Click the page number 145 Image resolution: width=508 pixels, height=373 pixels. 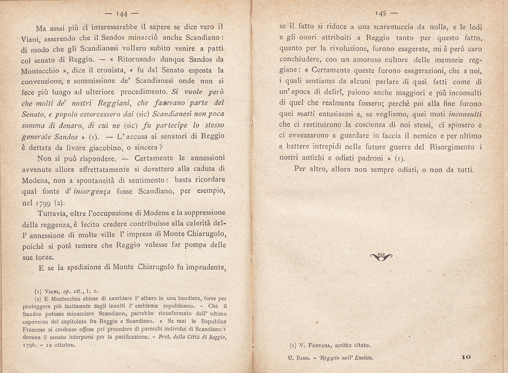click(x=381, y=14)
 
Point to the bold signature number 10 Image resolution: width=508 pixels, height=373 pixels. click(x=466, y=357)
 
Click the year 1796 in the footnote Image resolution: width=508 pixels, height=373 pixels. click(x=30, y=345)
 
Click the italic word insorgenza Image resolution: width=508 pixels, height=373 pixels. click(x=92, y=191)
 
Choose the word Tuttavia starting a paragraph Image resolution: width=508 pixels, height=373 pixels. click(x=52, y=213)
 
